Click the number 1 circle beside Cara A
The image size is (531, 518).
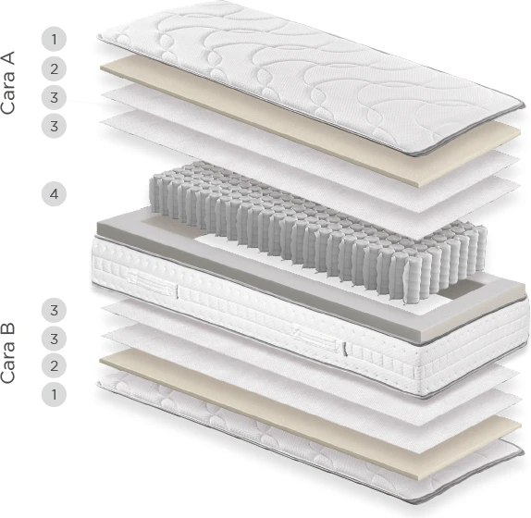[54, 39]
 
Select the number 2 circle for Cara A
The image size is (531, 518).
[54, 68]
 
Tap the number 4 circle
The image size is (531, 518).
[54, 194]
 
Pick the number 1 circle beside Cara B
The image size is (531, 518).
[54, 394]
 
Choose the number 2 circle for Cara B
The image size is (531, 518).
[54, 365]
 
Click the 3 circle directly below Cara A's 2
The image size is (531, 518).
[54, 97]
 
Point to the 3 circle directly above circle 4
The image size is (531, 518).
[54, 126]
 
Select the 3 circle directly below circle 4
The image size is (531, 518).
[54, 310]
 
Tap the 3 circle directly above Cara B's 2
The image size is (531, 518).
[54, 339]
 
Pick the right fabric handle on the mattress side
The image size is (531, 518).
[319, 339]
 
